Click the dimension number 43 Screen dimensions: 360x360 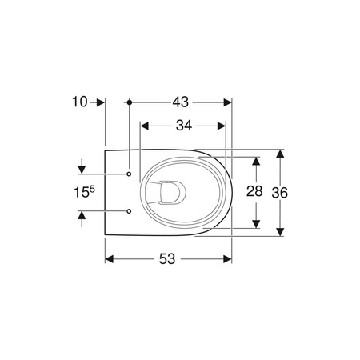click(181, 102)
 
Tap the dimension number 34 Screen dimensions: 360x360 click(184, 126)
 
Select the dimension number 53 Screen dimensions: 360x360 click(167, 258)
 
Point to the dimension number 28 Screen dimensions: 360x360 click(254, 191)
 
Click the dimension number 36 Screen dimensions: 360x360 click(280, 193)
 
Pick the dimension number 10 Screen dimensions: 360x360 click(80, 102)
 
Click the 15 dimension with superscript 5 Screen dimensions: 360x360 click(84, 192)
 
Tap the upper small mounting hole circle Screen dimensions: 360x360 click(129, 174)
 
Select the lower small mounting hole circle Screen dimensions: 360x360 click(129, 211)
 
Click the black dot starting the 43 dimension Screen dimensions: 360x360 click(130, 102)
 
